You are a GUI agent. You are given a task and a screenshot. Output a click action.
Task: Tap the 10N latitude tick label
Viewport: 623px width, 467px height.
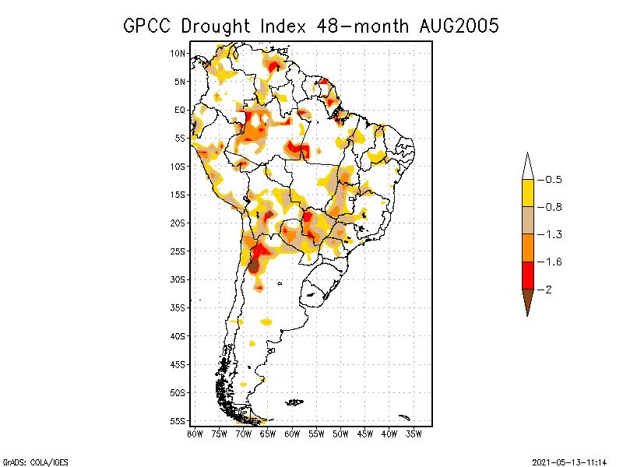coord(178,53)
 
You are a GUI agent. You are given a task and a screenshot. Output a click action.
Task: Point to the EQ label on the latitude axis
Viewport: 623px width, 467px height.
coord(180,110)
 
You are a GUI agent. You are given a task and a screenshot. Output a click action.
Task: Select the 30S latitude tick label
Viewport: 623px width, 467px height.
coord(178,279)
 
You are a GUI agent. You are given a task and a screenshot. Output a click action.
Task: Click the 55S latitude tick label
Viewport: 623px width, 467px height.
coord(178,421)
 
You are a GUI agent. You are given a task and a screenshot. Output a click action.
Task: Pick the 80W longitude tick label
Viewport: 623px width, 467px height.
coord(195,433)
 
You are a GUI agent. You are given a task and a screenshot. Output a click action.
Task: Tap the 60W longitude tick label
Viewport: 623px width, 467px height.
coord(292,433)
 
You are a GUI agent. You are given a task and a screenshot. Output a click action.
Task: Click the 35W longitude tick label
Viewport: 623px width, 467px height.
coord(414,433)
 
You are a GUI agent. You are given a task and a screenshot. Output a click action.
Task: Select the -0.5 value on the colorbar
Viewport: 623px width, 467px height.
coord(550,180)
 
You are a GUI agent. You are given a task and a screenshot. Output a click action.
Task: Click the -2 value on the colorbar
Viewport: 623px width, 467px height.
coord(547,290)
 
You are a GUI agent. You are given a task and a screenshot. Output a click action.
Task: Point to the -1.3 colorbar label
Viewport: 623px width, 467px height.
coord(550,234)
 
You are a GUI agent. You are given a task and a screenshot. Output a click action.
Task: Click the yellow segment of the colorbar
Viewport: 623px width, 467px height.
coord(527,193)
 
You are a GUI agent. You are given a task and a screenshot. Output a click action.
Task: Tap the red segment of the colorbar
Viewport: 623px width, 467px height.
coord(527,276)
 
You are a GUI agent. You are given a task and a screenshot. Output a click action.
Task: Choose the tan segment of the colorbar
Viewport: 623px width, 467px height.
coord(527,220)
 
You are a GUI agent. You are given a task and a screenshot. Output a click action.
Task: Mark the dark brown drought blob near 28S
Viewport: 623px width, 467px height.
coord(254,265)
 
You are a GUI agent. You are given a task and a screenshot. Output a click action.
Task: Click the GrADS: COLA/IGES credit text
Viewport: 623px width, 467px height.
coord(32,461)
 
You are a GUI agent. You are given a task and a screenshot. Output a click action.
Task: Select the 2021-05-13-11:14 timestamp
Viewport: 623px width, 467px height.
coord(569,461)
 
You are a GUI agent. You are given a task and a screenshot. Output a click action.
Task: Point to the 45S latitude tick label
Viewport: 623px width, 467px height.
coord(178,364)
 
